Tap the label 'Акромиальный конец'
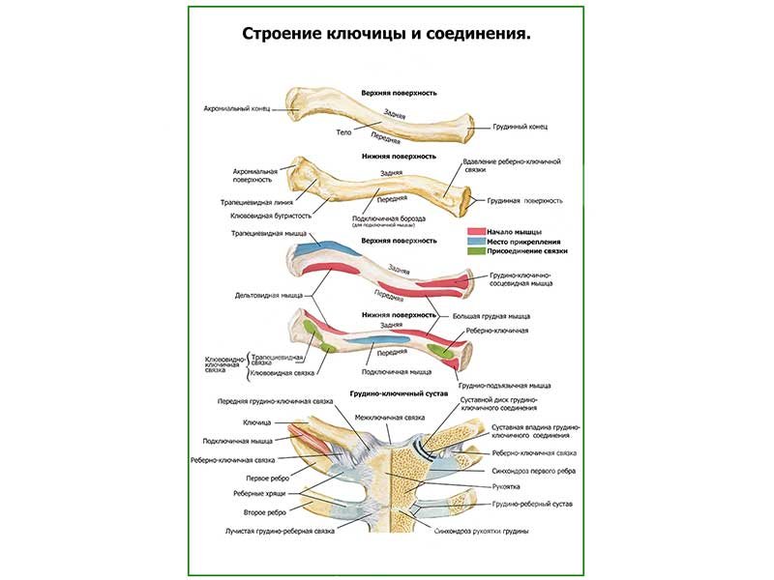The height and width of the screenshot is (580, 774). point(235,109)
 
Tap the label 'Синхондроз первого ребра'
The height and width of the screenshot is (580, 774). point(533,471)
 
